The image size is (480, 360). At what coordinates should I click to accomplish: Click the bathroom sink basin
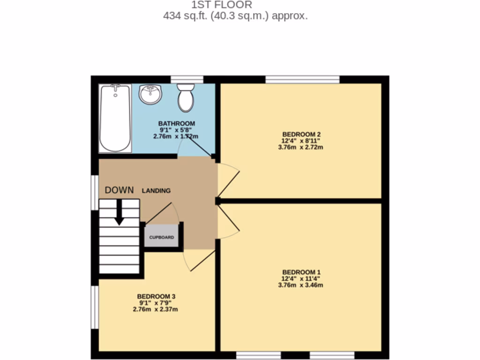[150, 94]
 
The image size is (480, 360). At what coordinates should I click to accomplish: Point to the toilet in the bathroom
[186, 97]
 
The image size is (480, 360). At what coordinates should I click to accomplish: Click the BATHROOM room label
[176, 124]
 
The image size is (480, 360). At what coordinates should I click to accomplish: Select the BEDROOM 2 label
[301, 134]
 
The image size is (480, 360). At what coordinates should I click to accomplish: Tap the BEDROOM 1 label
[301, 272]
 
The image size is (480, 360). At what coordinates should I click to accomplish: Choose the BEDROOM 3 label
[156, 296]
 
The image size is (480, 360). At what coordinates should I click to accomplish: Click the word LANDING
[156, 191]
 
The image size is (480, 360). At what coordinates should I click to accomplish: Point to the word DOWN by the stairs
[119, 190]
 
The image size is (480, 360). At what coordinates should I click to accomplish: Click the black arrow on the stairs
[120, 212]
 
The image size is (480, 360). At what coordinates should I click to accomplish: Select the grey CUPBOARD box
[162, 237]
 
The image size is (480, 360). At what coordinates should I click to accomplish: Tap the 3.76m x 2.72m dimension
[301, 147]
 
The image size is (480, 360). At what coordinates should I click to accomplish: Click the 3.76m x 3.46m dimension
[301, 285]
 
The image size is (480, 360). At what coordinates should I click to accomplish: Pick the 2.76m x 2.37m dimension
[156, 309]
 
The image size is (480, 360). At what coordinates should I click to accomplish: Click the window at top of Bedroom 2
[302, 79]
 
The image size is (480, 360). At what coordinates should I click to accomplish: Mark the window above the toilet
[187, 79]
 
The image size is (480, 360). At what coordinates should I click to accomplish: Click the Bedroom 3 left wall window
[95, 307]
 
